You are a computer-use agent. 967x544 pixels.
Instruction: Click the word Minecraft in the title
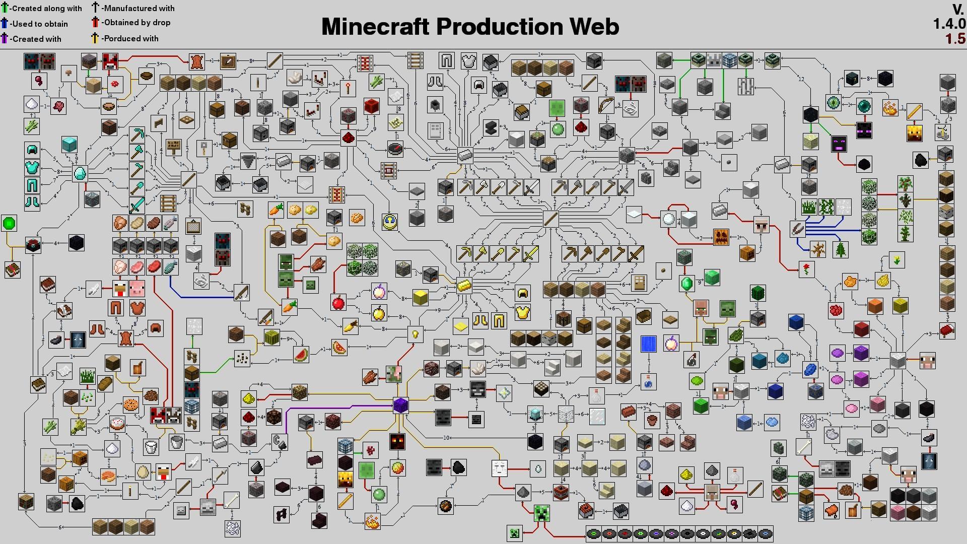pos(376,27)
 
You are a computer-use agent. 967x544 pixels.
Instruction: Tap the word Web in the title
pos(593,27)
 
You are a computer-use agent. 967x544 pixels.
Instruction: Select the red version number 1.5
pos(955,39)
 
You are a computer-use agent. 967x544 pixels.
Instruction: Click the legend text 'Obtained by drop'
pos(136,23)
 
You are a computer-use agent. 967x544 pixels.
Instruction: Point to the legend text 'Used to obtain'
pos(40,24)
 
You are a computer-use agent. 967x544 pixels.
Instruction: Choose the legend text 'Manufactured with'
pos(138,8)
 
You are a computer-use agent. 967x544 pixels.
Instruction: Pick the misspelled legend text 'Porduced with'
pos(130,38)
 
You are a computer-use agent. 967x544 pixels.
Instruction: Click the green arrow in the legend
pos(5,8)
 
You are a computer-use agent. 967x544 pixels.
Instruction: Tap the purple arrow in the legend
pos(5,38)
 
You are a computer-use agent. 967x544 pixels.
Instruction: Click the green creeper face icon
pos(541,513)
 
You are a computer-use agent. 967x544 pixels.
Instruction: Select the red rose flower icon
pos(806,269)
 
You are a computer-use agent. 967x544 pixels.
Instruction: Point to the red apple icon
pos(338,303)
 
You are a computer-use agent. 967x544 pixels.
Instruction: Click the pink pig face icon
pos(136,289)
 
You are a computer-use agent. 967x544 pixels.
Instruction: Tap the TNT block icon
pos(561,492)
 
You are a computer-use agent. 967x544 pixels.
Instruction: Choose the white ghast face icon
pos(499,468)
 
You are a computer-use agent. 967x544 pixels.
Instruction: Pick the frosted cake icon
pos(117,423)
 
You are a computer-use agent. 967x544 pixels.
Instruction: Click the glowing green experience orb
pos(9,223)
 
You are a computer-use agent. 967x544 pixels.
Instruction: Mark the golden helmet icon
pos(523,293)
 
